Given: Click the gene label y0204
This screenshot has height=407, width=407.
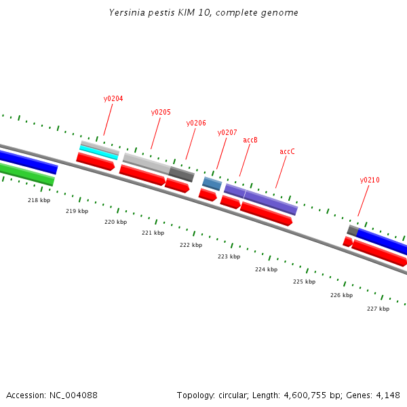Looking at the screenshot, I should [113, 98].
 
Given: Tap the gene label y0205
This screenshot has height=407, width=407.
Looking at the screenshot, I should [161, 112].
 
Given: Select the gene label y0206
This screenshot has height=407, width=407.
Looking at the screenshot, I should [196, 123].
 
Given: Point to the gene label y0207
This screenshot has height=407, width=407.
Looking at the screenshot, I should [227, 132].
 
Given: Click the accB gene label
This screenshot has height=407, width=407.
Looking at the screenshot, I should [250, 140].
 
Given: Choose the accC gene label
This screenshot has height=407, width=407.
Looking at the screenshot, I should [287, 151].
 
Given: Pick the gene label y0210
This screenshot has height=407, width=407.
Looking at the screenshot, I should [370, 180].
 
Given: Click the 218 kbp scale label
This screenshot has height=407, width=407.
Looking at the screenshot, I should [39, 200].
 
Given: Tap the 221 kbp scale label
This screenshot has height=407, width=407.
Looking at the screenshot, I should [153, 233].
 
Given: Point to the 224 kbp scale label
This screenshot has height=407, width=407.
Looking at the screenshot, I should [266, 269].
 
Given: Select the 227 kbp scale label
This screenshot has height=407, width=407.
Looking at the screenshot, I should [378, 309].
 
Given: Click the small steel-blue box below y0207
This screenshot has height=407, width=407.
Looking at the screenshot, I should [212, 184].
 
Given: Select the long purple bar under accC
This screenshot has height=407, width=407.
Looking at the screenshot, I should [271, 202].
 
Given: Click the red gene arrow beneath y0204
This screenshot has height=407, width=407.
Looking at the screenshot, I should [95, 161].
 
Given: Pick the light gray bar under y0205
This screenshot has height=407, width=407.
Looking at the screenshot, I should [147, 163].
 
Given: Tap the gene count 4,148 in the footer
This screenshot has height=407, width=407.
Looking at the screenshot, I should [387, 395].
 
